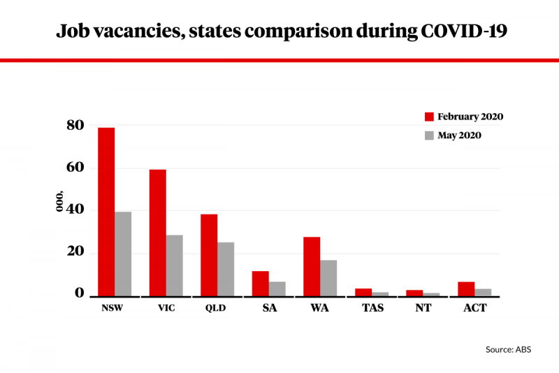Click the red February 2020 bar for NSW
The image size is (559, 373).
[106, 212]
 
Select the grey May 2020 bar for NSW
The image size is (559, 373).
[123, 254]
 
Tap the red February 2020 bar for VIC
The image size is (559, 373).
[157, 233]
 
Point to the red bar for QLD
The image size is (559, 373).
[209, 255]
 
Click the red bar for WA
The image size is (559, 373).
[312, 266]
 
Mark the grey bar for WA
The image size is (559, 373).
[328, 278]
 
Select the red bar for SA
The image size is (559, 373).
[260, 284]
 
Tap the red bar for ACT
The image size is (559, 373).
[466, 289]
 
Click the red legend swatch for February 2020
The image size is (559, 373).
[429, 117]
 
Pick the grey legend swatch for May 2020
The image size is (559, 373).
[429, 135]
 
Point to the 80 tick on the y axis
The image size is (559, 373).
[75, 126]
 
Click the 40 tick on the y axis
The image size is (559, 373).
[75, 210]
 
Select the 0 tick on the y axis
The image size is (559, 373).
[80, 293]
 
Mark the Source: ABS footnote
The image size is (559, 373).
[509, 349]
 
